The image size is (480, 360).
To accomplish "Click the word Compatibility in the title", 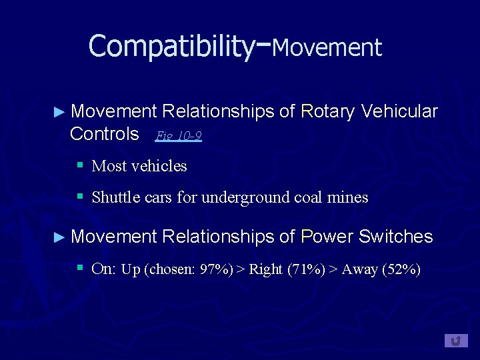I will pos(171,46).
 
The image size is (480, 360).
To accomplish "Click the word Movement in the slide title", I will pos(327,47).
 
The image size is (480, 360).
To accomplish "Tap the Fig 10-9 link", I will pos(178,136).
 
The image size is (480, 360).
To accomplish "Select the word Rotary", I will pos(327,111).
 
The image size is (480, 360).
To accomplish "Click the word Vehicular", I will pos(399,111).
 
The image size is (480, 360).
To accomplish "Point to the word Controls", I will pos(104,133).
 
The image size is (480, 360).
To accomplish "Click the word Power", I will pos(327,236).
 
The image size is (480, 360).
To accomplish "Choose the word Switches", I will pos(396,236).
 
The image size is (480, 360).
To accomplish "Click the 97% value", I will pos(214,270).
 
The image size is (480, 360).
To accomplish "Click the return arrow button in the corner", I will pos(456,341).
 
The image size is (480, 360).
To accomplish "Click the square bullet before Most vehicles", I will pos(79,164).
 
